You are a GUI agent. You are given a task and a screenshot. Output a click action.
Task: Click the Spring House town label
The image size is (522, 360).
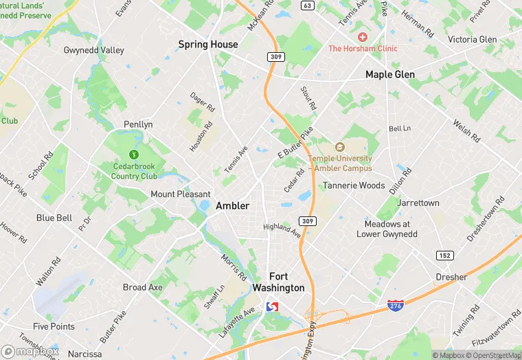point(208,45)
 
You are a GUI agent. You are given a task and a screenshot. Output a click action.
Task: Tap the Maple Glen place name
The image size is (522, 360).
point(389,74)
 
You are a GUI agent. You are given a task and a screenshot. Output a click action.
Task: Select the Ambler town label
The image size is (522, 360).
point(232,205)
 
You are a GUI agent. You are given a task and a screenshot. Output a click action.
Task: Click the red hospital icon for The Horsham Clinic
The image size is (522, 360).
point(363,36)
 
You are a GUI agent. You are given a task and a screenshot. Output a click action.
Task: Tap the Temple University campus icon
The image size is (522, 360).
point(339,147)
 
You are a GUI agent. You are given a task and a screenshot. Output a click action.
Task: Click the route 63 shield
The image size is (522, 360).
point(308,5)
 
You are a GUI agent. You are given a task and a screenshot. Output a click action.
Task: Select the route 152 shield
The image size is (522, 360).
point(444,255)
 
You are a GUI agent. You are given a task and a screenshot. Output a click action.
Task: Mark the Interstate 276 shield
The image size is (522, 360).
point(395,305)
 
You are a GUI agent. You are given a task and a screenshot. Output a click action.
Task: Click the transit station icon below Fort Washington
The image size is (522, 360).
point(272,306)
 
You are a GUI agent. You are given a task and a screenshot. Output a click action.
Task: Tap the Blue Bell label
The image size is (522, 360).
point(54,218)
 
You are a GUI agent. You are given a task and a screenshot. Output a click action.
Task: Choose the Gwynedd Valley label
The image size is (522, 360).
point(94,50)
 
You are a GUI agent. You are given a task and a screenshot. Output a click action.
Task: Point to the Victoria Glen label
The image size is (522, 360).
point(472,39)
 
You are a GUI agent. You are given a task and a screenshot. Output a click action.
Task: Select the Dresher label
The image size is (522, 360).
point(451,277)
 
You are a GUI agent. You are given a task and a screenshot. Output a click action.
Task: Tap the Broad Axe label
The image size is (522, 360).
point(143,287)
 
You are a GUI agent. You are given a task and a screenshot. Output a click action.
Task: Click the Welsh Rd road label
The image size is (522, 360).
point(465,131)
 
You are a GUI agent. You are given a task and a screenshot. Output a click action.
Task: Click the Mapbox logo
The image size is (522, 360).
point(30,351)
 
